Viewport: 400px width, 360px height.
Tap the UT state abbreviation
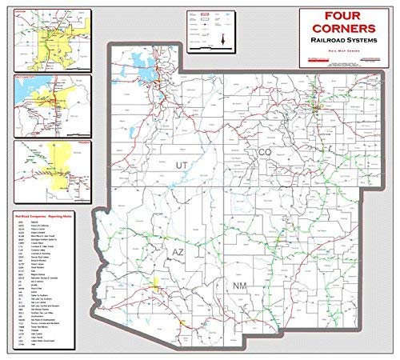click(182, 165)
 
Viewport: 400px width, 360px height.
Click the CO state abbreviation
click(265, 152)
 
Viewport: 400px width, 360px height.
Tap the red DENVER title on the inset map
click(23, 12)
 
